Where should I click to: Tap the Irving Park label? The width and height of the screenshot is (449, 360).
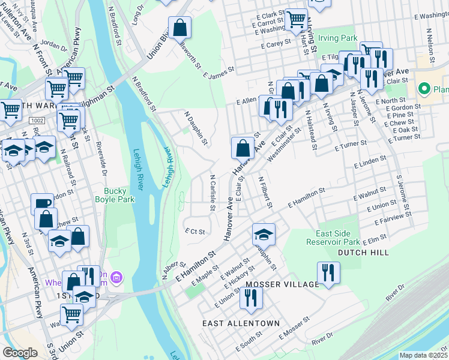tap(337, 38)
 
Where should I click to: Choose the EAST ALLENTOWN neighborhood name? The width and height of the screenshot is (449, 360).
tap(241, 323)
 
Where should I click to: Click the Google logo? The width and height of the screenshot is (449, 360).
tap(20, 353)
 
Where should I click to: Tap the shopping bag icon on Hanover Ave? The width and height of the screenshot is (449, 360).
tap(241, 147)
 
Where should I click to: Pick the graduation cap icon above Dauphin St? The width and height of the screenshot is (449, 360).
tap(263, 233)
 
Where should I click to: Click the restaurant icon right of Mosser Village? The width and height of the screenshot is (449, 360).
tap(328, 272)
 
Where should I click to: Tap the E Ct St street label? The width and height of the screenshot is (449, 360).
tap(195, 231)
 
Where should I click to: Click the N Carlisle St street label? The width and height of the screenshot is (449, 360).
tap(212, 193)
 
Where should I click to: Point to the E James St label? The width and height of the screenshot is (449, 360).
tap(217, 74)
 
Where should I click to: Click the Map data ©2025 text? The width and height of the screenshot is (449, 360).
tap(424, 355)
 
